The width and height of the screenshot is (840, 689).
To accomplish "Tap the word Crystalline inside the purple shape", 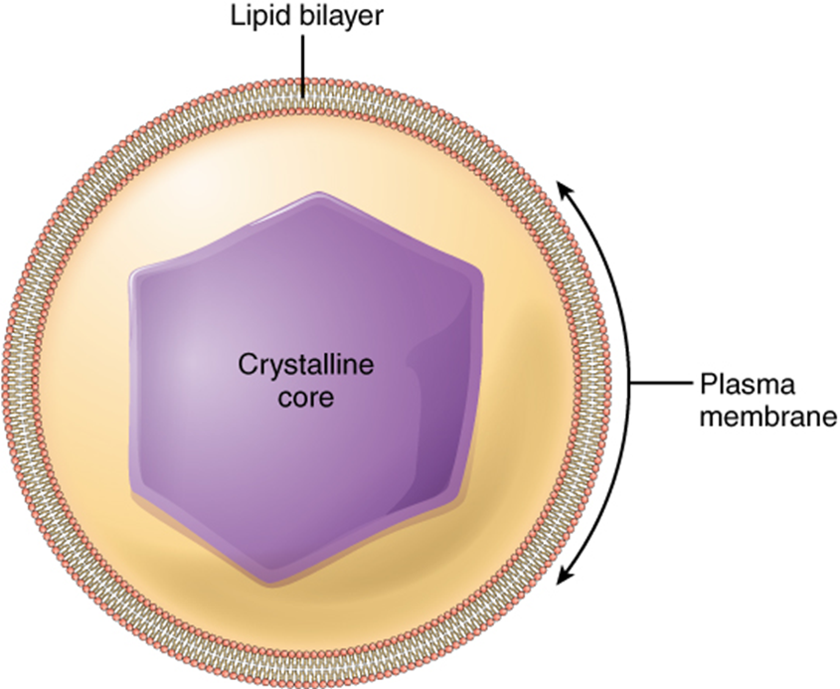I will point(305,367).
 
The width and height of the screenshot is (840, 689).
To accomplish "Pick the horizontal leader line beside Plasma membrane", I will point(662,382).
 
